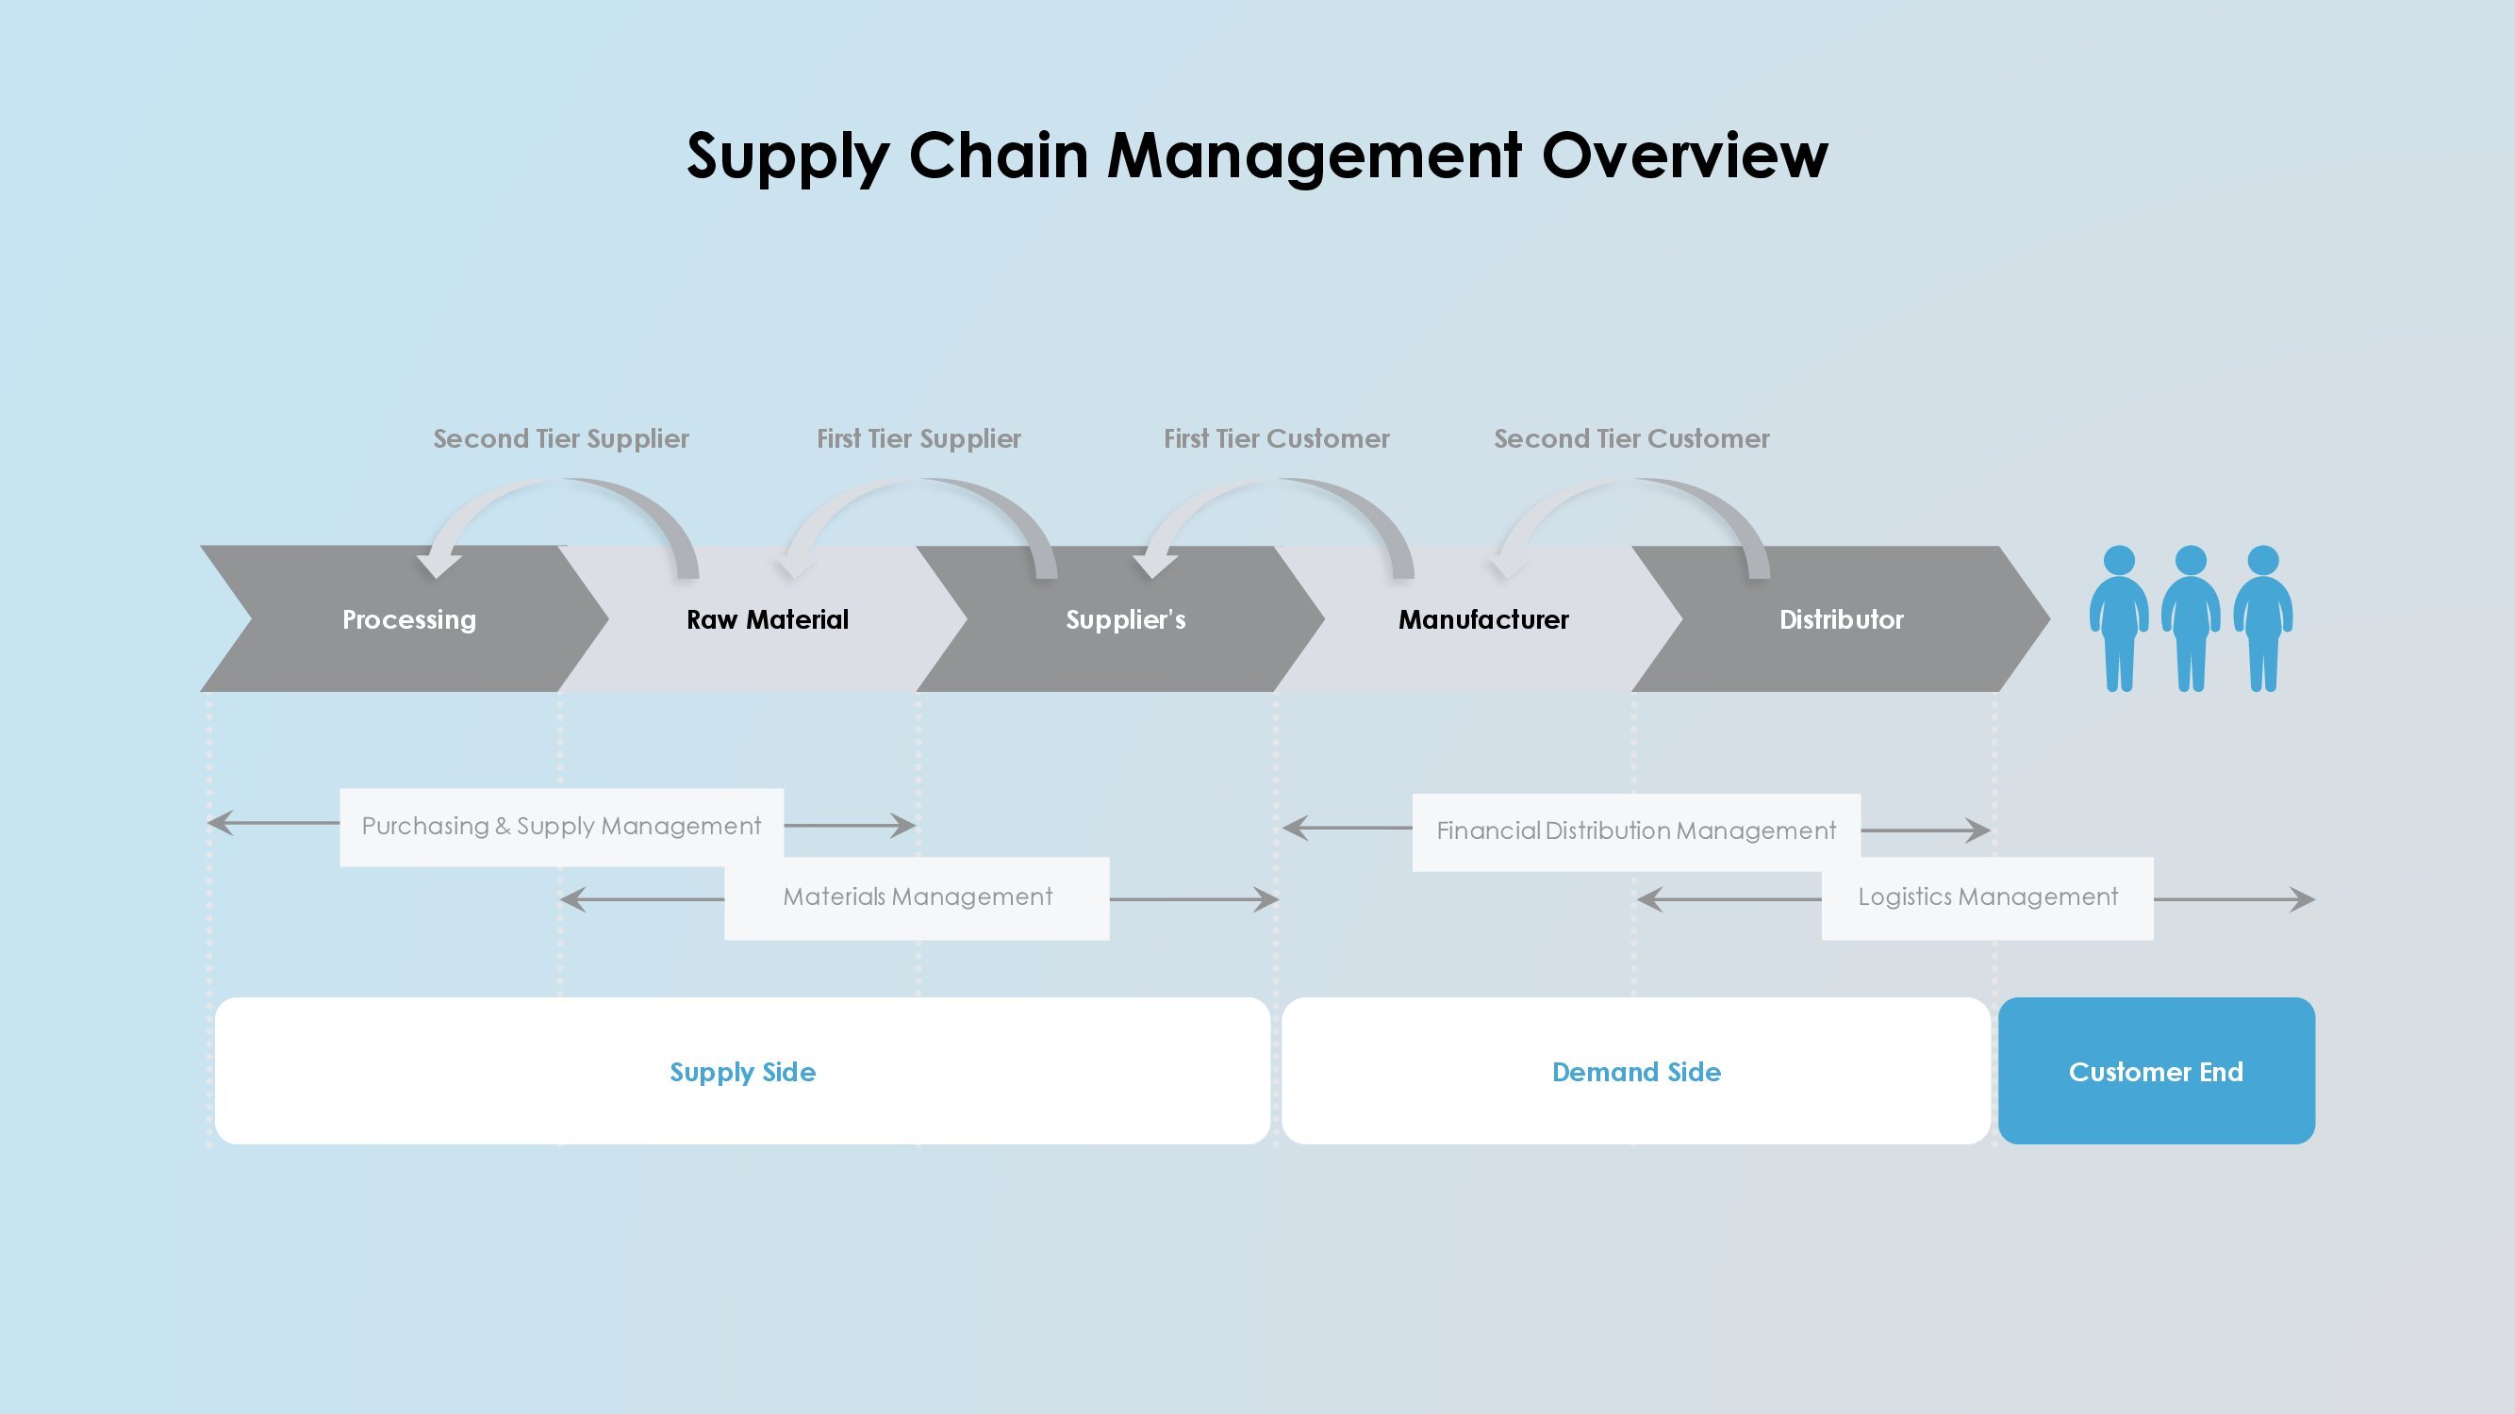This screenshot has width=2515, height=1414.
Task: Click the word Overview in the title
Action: click(x=1684, y=156)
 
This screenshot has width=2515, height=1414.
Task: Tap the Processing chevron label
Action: click(x=409, y=620)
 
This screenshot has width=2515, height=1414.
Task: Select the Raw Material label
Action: click(x=768, y=619)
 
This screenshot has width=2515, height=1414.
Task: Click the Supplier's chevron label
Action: click(x=1126, y=620)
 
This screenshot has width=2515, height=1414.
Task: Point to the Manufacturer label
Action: click(x=1483, y=619)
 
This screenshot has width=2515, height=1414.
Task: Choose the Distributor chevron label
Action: click(x=1842, y=619)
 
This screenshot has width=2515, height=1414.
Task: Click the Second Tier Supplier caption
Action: click(x=561, y=439)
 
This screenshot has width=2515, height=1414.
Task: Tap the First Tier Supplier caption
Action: click(x=918, y=439)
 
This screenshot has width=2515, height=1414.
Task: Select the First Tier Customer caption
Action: click(x=1276, y=439)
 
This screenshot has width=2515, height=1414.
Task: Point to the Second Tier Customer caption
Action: click(x=1631, y=439)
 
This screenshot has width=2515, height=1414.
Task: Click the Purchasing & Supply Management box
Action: click(x=561, y=827)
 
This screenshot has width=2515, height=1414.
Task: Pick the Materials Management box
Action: click(x=917, y=897)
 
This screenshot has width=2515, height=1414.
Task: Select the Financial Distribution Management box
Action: click(x=1636, y=831)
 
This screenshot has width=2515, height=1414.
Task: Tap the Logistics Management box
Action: click(x=1988, y=897)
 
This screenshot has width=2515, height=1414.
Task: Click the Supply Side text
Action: click(x=743, y=1073)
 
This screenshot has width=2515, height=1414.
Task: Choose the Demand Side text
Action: click(x=1636, y=1072)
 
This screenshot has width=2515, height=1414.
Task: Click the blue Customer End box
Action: click(x=2157, y=1071)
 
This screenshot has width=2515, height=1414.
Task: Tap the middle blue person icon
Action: click(x=2191, y=618)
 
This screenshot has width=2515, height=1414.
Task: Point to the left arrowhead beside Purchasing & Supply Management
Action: click(x=221, y=823)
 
